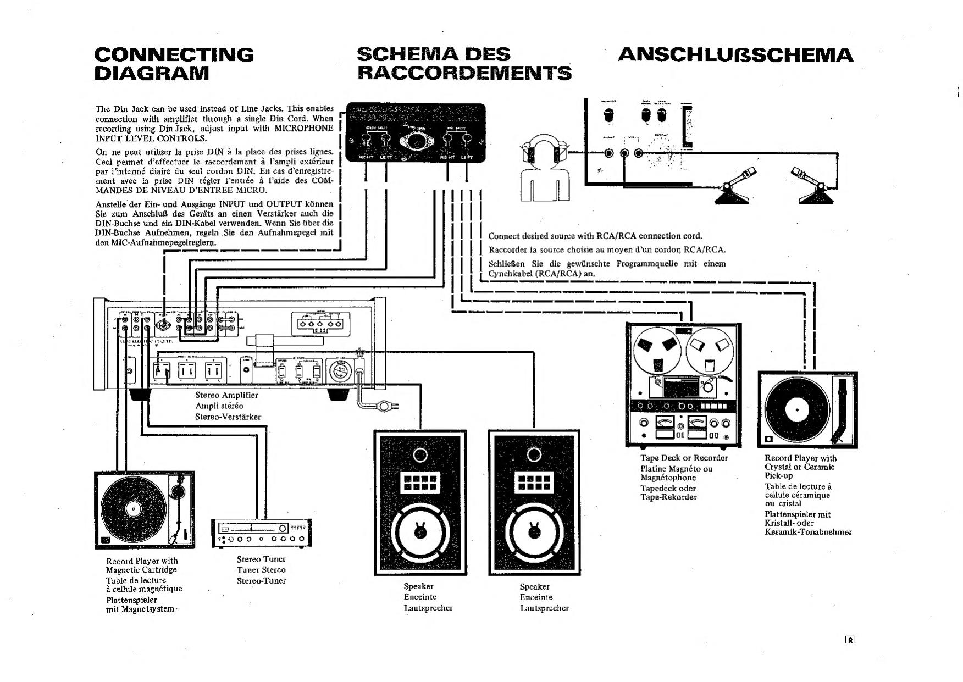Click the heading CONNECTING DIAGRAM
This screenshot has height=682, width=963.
(174, 63)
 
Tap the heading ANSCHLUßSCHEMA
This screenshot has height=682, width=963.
(735, 55)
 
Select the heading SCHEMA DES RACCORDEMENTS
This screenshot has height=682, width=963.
(464, 63)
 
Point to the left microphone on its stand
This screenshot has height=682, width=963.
(734, 187)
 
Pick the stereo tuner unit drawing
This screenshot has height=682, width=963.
(262, 533)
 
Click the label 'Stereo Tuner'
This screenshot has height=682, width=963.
(261, 559)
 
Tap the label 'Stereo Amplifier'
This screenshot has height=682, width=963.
(226, 395)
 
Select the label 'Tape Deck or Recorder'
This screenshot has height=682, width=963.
(684, 458)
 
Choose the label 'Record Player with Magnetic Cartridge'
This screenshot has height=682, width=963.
(142, 565)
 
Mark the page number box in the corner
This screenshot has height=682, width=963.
(850, 640)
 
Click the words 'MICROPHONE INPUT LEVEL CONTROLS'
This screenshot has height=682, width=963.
(214, 133)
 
